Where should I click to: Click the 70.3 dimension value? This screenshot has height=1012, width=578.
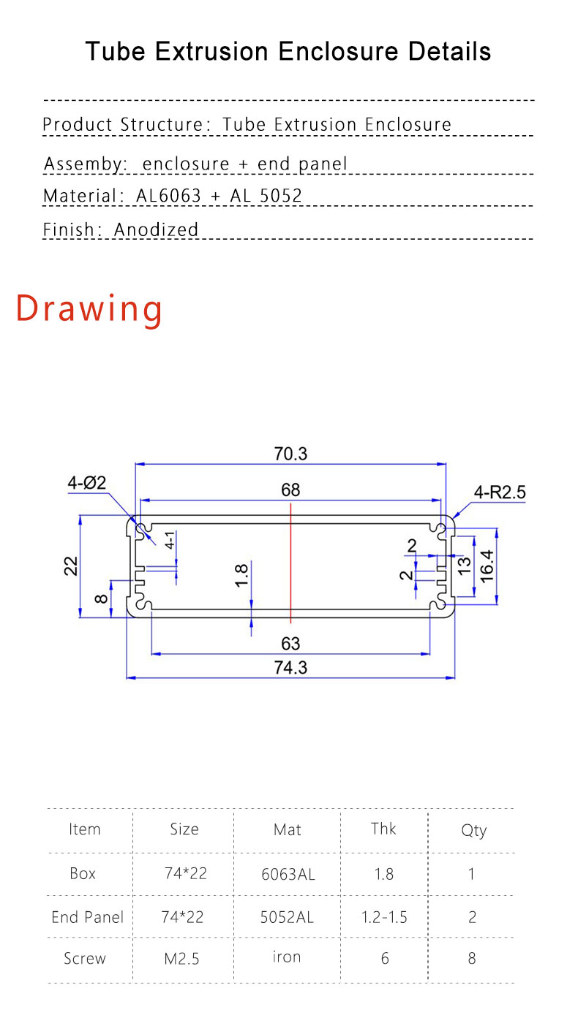290,454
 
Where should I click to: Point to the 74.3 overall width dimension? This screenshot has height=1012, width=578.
290,667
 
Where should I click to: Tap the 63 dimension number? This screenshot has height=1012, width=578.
290,644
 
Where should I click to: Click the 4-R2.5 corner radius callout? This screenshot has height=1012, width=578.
500,492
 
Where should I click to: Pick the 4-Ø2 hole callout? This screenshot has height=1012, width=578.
87,482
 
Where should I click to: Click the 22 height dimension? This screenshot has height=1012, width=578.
71,566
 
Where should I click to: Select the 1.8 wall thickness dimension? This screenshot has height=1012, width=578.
242,576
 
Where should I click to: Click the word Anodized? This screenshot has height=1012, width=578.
157,229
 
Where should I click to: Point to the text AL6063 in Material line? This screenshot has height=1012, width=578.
169,196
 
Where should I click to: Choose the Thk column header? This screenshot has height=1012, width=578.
383,829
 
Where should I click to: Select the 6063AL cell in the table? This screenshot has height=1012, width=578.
288,874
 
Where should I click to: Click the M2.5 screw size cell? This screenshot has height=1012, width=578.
181,959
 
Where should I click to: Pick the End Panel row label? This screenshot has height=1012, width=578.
88,917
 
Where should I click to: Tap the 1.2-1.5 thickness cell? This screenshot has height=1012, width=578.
384,917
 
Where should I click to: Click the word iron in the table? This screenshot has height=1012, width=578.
287,957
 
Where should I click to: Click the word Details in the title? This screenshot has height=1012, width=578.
450,52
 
